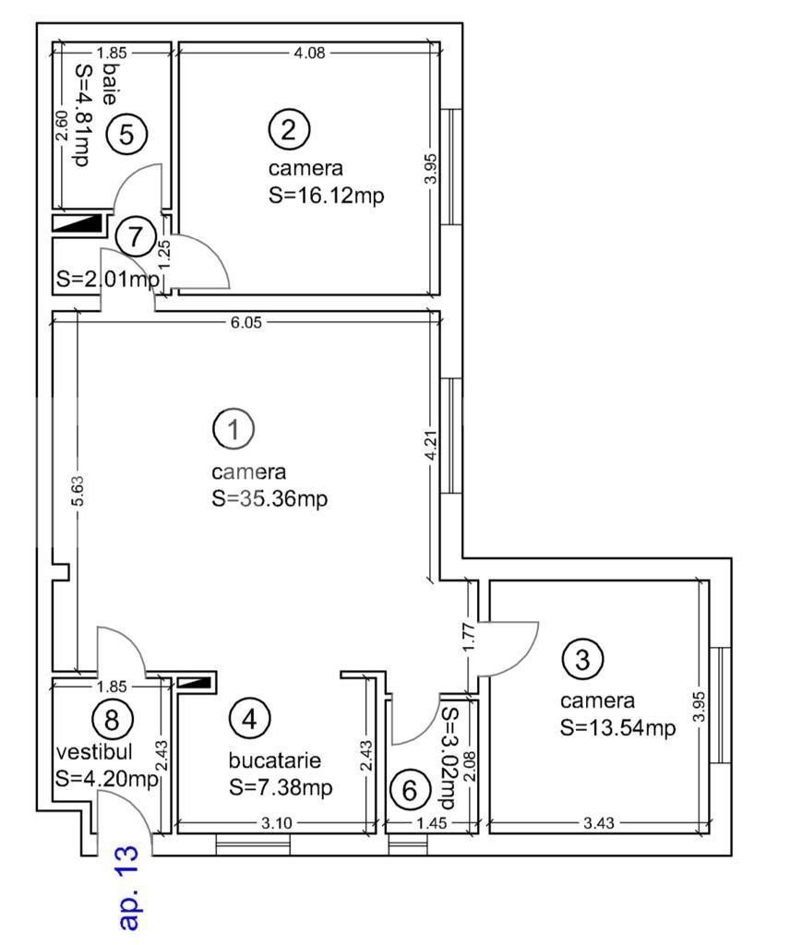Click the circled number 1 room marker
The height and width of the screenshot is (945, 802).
tap(233, 427)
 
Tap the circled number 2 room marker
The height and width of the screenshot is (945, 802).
tap(288, 128)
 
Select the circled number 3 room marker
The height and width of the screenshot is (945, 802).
tap(582, 659)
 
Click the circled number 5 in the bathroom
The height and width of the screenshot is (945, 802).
tap(126, 135)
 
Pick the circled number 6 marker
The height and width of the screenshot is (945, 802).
tap(410, 791)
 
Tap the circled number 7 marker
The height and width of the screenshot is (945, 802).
tap(137, 236)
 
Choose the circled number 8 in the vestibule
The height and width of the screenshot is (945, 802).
tap(113, 717)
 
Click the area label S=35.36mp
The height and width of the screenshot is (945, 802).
tap(269, 498)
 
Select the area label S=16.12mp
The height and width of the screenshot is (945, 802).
tap(326, 196)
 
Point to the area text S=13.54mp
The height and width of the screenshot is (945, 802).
tap(617, 727)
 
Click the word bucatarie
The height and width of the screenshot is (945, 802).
tap(275, 761)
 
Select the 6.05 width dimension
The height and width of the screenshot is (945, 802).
tap(248, 319)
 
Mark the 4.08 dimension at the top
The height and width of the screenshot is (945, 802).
tap(308, 53)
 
